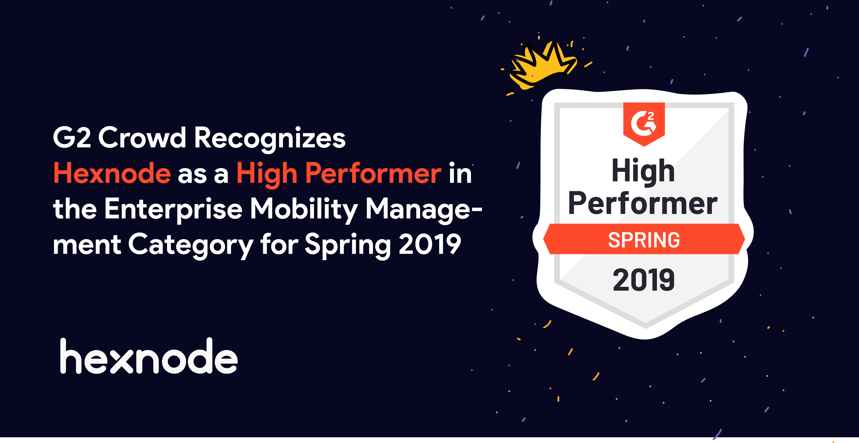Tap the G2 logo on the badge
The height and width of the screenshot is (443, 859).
click(x=644, y=123)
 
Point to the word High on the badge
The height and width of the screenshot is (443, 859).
click(x=643, y=171)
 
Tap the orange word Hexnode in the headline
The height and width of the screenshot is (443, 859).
click(x=112, y=173)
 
